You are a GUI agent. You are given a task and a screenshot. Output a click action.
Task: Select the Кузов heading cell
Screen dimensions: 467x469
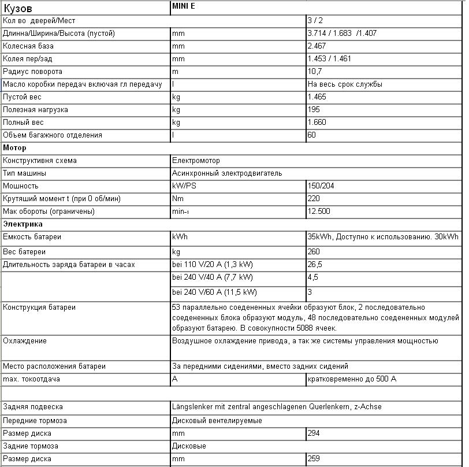coord(18,8)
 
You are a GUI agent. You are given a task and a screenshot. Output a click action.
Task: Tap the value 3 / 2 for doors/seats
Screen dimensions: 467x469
coord(315,21)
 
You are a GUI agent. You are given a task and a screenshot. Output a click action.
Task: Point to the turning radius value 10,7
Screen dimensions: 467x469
coord(315,72)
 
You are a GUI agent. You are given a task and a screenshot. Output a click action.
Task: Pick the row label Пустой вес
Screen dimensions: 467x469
coord(23,97)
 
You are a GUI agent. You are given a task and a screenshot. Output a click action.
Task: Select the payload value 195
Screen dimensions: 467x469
coord(314,110)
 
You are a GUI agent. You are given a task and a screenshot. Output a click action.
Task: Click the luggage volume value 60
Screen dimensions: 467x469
coord(312,135)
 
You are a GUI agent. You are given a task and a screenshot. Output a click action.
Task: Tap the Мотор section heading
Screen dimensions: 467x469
coord(14,148)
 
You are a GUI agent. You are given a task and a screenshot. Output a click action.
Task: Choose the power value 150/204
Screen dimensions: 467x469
coord(321,186)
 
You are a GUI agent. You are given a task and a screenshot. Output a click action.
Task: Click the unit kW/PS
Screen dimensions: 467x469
coord(184,186)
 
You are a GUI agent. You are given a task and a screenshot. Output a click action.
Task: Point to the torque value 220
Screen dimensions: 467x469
coord(314,199)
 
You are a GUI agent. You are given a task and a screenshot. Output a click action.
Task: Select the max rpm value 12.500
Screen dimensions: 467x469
coord(319,212)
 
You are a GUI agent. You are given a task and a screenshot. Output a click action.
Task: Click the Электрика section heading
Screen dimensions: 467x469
coord(23,224)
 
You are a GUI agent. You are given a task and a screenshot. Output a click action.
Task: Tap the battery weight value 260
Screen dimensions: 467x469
coord(314,252)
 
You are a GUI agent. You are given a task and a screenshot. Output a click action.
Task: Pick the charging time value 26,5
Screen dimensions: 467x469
coord(315,265)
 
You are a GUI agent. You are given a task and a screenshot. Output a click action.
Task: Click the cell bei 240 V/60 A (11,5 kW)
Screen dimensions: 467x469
coord(215,292)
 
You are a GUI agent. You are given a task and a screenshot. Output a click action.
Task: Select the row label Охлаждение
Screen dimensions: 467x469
coord(25,341)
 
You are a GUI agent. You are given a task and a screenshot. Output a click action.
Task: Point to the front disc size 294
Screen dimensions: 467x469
coord(314,433)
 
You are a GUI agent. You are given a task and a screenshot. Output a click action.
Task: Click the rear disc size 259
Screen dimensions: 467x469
coord(314,459)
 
